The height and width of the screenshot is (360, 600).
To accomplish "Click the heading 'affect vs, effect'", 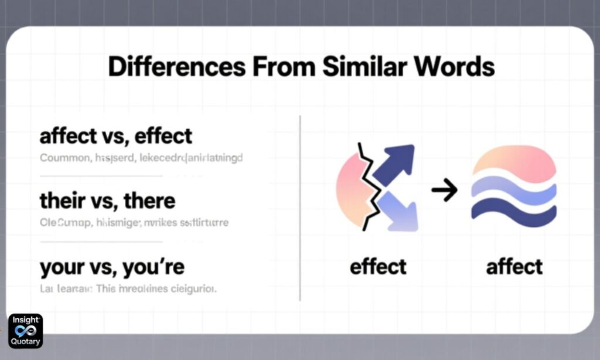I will click(x=115, y=137).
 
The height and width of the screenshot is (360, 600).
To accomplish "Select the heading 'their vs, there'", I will click(x=107, y=201).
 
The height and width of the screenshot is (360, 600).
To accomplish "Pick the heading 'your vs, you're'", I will click(x=112, y=267).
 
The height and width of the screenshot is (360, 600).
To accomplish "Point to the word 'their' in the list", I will click(x=60, y=201).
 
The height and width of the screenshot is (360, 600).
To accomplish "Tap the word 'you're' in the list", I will click(x=154, y=267).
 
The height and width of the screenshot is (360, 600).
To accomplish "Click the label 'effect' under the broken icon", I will click(x=378, y=267).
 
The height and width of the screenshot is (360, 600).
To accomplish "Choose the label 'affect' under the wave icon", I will click(x=514, y=267).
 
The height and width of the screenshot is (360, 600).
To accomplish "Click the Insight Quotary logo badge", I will click(x=25, y=331).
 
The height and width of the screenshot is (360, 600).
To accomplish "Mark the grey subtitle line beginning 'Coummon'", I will click(x=141, y=158).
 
